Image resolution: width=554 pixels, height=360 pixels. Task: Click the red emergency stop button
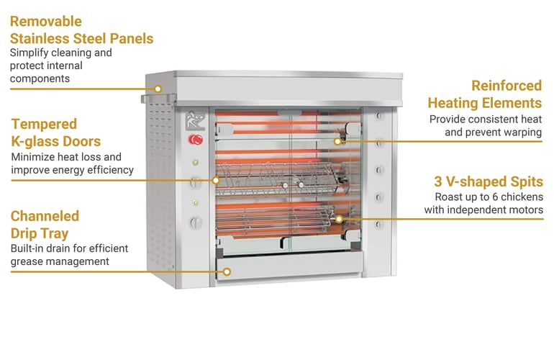pyautogui.click(x=193, y=140)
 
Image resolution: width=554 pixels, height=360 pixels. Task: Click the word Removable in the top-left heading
pyautogui.click(x=45, y=22)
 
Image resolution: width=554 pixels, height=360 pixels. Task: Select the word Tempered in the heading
pyautogui.click(x=43, y=124)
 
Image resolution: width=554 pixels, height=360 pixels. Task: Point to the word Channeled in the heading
pyautogui.click(x=45, y=216)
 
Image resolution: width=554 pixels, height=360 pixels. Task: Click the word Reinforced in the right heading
pyautogui.click(x=506, y=86)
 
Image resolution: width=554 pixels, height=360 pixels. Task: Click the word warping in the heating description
pyautogui.click(x=522, y=132)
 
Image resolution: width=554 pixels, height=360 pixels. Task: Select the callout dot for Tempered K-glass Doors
pyautogui.click(x=215, y=179)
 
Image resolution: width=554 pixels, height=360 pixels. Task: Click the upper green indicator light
pyautogui.click(x=193, y=162)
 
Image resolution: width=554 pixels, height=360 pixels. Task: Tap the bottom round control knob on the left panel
pyautogui.click(x=193, y=222)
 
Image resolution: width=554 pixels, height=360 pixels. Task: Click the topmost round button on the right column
pyautogui.click(x=378, y=117)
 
